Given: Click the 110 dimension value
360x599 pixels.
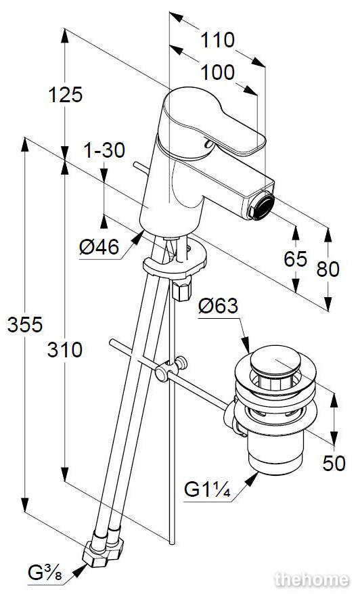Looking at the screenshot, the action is tap(218, 40).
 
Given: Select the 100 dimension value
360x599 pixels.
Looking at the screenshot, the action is tap(218, 72).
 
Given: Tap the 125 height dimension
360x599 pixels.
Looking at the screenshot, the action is tap(65, 94).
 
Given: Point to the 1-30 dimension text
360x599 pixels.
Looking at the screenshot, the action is tap(104, 150).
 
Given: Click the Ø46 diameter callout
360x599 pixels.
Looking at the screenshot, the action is tap(99, 247).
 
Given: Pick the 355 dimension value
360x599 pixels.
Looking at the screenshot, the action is tap(25, 325).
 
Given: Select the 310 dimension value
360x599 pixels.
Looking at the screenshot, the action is tap(65, 349).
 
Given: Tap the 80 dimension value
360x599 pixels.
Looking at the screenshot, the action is tap(328, 269).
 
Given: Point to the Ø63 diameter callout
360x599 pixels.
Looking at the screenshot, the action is tap(218, 306).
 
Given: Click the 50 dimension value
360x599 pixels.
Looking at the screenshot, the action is tap(334, 463).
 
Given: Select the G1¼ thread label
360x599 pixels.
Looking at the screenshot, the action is tap(207, 489).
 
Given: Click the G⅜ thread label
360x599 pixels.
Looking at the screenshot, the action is tap(45, 573).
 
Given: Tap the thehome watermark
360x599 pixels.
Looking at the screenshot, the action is tap(312, 579).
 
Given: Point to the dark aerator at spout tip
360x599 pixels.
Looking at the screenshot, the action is tap(261, 206).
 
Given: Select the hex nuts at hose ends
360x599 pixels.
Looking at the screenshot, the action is tap(103, 550).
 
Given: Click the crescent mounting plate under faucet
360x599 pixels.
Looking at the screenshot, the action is tap(175, 260).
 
